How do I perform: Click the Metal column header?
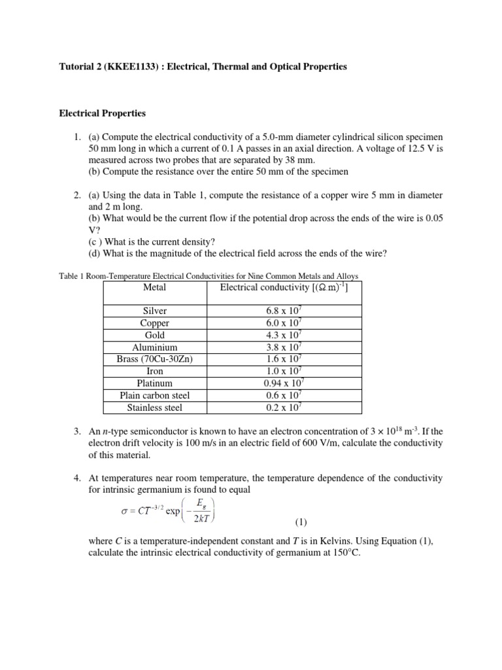pos(154,288)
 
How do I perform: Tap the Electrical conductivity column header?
pos(284,288)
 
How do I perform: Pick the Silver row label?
pos(154,311)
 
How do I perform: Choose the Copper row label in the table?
pos(154,323)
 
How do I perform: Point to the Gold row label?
pos(154,335)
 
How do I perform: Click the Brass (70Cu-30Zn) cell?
pos(154,359)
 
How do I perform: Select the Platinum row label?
pos(154,383)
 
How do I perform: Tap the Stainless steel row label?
pos(154,408)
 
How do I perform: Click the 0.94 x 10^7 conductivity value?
pos(284,383)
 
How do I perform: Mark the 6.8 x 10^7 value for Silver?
pos(284,311)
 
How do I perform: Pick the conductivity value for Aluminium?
pos(284,347)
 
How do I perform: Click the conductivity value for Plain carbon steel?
pos(284,395)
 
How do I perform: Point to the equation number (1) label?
pos(300,522)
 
